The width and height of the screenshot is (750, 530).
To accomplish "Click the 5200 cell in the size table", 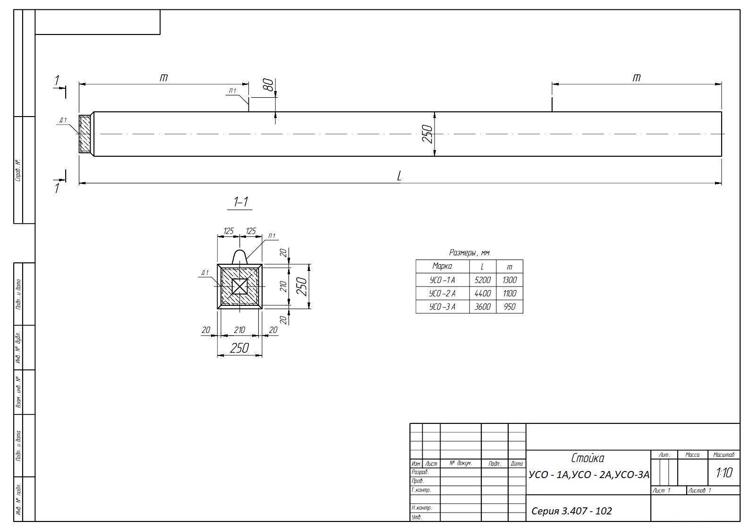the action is (482, 280).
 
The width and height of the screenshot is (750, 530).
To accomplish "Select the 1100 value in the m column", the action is (509, 294).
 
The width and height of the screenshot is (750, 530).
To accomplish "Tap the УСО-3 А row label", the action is (442, 307).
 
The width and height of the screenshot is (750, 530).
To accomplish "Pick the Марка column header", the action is (442, 266).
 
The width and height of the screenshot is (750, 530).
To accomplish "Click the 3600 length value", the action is (483, 307).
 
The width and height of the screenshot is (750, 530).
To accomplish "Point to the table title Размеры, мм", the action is (469, 252).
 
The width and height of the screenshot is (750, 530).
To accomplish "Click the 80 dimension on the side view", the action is (269, 84).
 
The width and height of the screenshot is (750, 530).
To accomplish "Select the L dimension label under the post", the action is (399, 176).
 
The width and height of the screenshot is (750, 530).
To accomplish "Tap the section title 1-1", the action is (240, 202).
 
